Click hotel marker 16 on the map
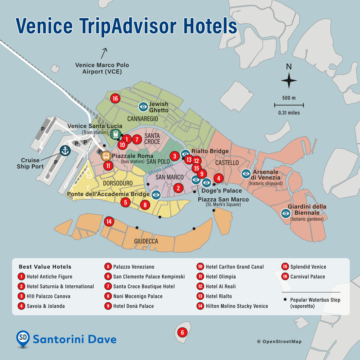pos(115,98)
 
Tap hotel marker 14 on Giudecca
pos(109,222)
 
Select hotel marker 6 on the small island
pos(182,333)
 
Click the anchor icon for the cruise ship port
pos(65,151)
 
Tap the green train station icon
pos(115,134)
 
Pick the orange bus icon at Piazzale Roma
pos(106,155)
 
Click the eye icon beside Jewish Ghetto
pos(143,107)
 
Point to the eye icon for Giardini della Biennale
pos(286,213)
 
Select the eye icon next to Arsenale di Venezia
pos(246,174)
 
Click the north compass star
pos(289,80)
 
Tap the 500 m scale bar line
pos(289,105)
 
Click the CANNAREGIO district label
pos(142,119)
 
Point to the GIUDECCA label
pos(146,242)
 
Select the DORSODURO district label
pos(118,183)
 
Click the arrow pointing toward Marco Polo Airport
pos(104,53)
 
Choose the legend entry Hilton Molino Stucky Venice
pos(237,306)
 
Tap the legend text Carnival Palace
pos(308,277)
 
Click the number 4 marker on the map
pos(218,178)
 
